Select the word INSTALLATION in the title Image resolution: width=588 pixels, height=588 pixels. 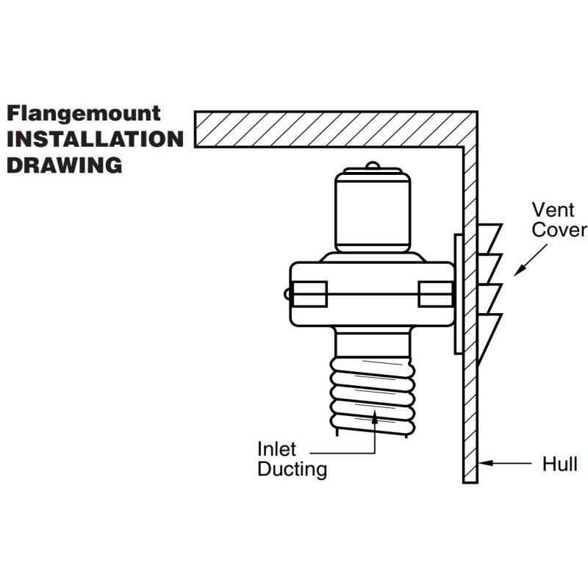click(x=95, y=140)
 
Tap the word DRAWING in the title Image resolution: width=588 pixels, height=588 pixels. click(x=65, y=165)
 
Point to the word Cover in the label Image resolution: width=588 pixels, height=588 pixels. click(x=559, y=230)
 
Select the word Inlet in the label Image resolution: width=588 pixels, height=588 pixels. click(x=276, y=448)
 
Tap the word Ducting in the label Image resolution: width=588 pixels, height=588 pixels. click(x=292, y=469)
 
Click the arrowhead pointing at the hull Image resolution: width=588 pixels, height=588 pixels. click(x=486, y=464)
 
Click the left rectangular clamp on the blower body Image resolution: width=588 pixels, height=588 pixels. click(x=309, y=294)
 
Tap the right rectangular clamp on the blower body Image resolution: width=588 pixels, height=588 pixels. click(x=435, y=294)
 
